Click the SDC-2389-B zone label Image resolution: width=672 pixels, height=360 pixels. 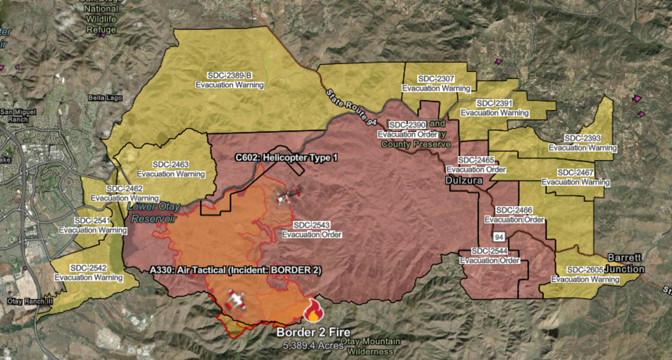pos(229,80)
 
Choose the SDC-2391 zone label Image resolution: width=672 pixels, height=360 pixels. pos(494,107)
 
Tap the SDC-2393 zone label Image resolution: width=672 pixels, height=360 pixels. pos(582,143)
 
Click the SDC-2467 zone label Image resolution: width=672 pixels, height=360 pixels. pos(576,177)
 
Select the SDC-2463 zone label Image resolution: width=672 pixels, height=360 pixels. pos(171,169)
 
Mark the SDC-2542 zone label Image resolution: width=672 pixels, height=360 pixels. pos(88,273)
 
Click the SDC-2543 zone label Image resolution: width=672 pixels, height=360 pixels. pos(312,230)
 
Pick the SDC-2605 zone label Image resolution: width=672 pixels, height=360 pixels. pos(585,275)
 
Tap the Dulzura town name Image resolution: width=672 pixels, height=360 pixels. pos(464,181)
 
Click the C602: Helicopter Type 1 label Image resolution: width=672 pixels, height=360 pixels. pos(286,158)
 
